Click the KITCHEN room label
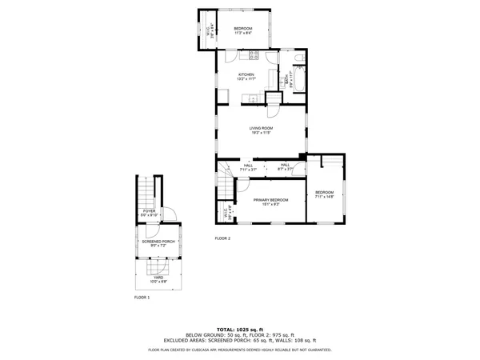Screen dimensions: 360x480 pyautogui.click(x=246, y=74)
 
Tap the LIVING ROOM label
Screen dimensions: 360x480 pyautogui.click(x=261, y=128)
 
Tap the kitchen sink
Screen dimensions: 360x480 pyautogui.click(x=250, y=98)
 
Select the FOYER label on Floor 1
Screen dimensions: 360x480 pyautogui.click(x=149, y=211)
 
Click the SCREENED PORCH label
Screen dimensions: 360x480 pyautogui.click(x=158, y=241)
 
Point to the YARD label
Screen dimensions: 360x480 pyautogui.click(x=158, y=278)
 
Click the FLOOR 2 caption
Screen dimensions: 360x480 pyautogui.click(x=222, y=238)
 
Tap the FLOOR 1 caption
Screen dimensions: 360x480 pyautogui.click(x=142, y=297)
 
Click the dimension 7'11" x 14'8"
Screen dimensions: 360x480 pyautogui.click(x=324, y=197)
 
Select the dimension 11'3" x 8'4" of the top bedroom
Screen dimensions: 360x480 pyautogui.click(x=243, y=33)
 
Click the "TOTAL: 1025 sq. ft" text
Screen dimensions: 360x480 pyautogui.click(x=240, y=330)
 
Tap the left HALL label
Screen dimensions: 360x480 pyautogui.click(x=237, y=166)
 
